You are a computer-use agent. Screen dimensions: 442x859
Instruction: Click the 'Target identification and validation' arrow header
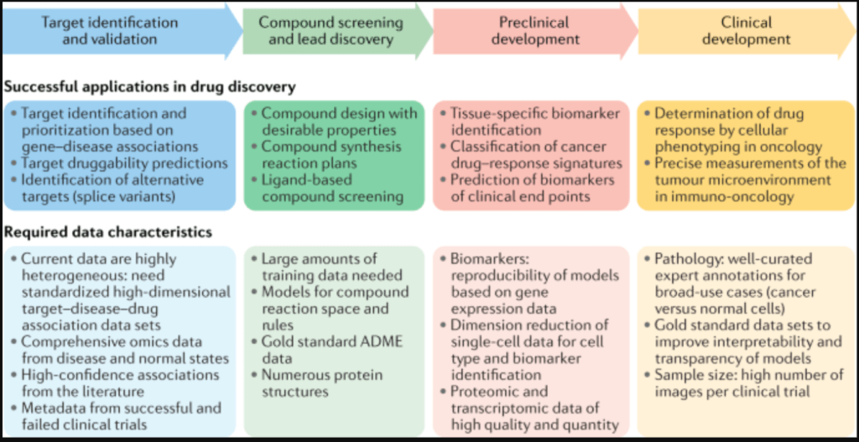(x=112, y=30)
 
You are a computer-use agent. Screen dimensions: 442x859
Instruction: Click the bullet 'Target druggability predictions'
(x=122, y=163)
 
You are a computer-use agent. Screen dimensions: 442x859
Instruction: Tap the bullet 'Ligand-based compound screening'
(x=332, y=188)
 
